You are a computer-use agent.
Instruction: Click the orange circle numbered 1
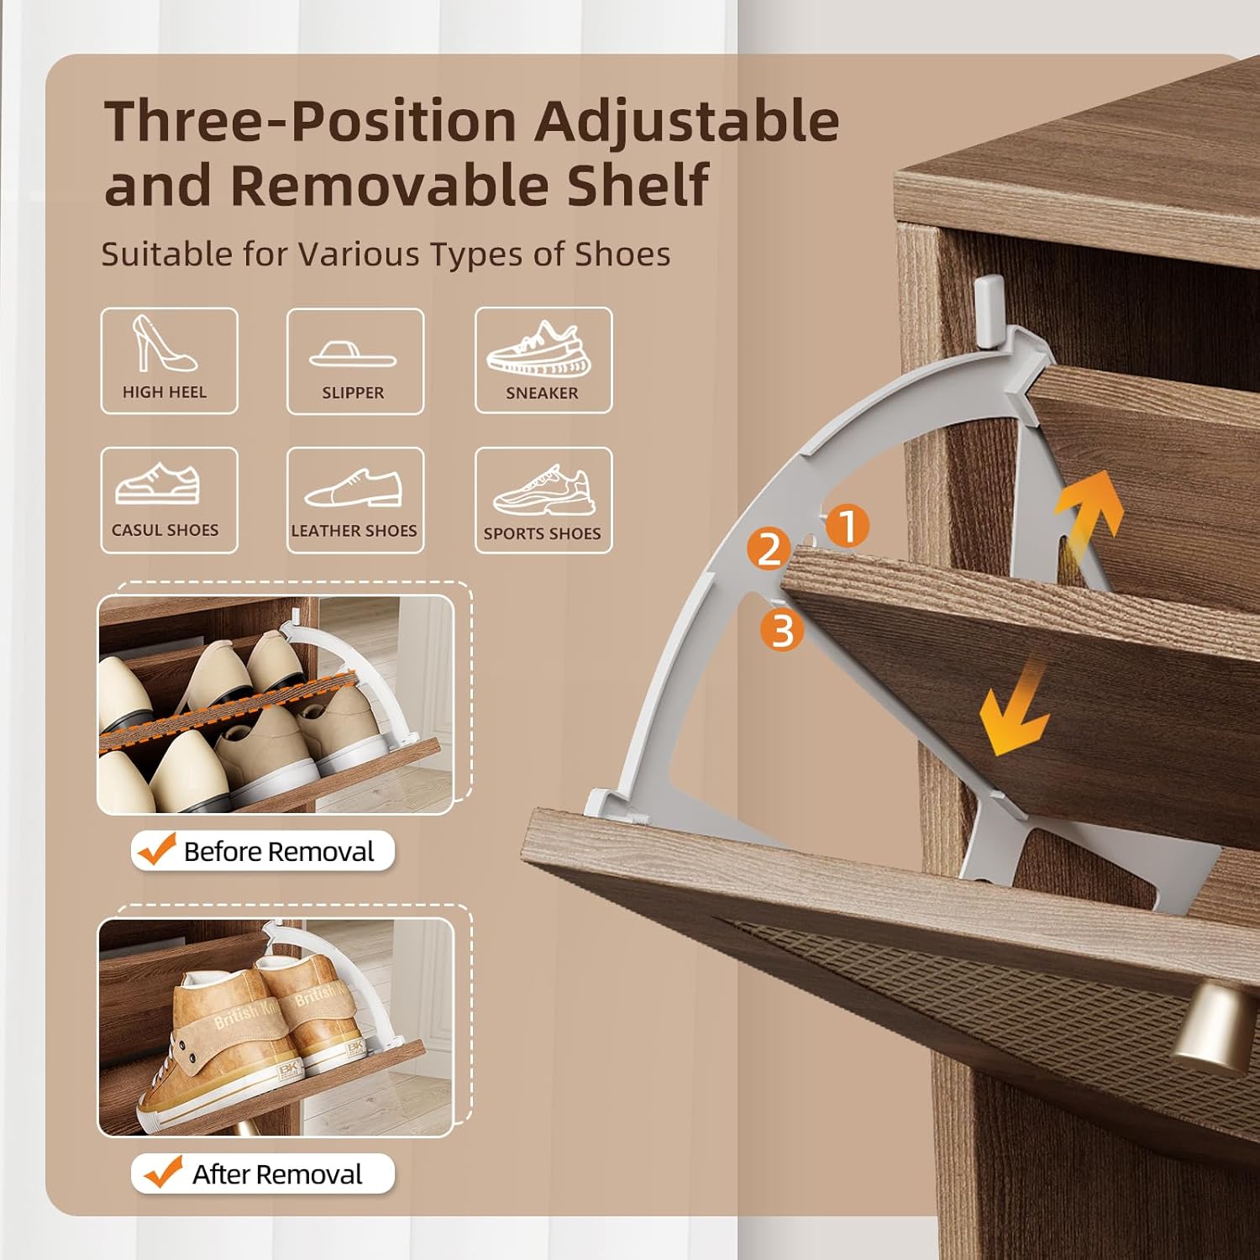coord(848,526)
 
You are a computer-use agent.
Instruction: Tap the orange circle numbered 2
coord(769,549)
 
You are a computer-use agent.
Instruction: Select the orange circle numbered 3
coord(782,629)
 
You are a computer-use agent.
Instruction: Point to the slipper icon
coord(353,354)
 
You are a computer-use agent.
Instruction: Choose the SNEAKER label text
coord(542,393)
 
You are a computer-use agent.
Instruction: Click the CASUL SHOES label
coord(165,530)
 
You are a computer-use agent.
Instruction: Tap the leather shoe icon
coord(354,488)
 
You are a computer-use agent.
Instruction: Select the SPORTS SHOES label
coord(542,533)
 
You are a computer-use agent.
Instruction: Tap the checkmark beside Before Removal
coord(157,849)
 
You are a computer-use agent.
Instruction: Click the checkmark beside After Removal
coord(163,1172)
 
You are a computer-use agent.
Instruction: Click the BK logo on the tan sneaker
coord(289,1069)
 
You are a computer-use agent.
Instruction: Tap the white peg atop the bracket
coord(989,310)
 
